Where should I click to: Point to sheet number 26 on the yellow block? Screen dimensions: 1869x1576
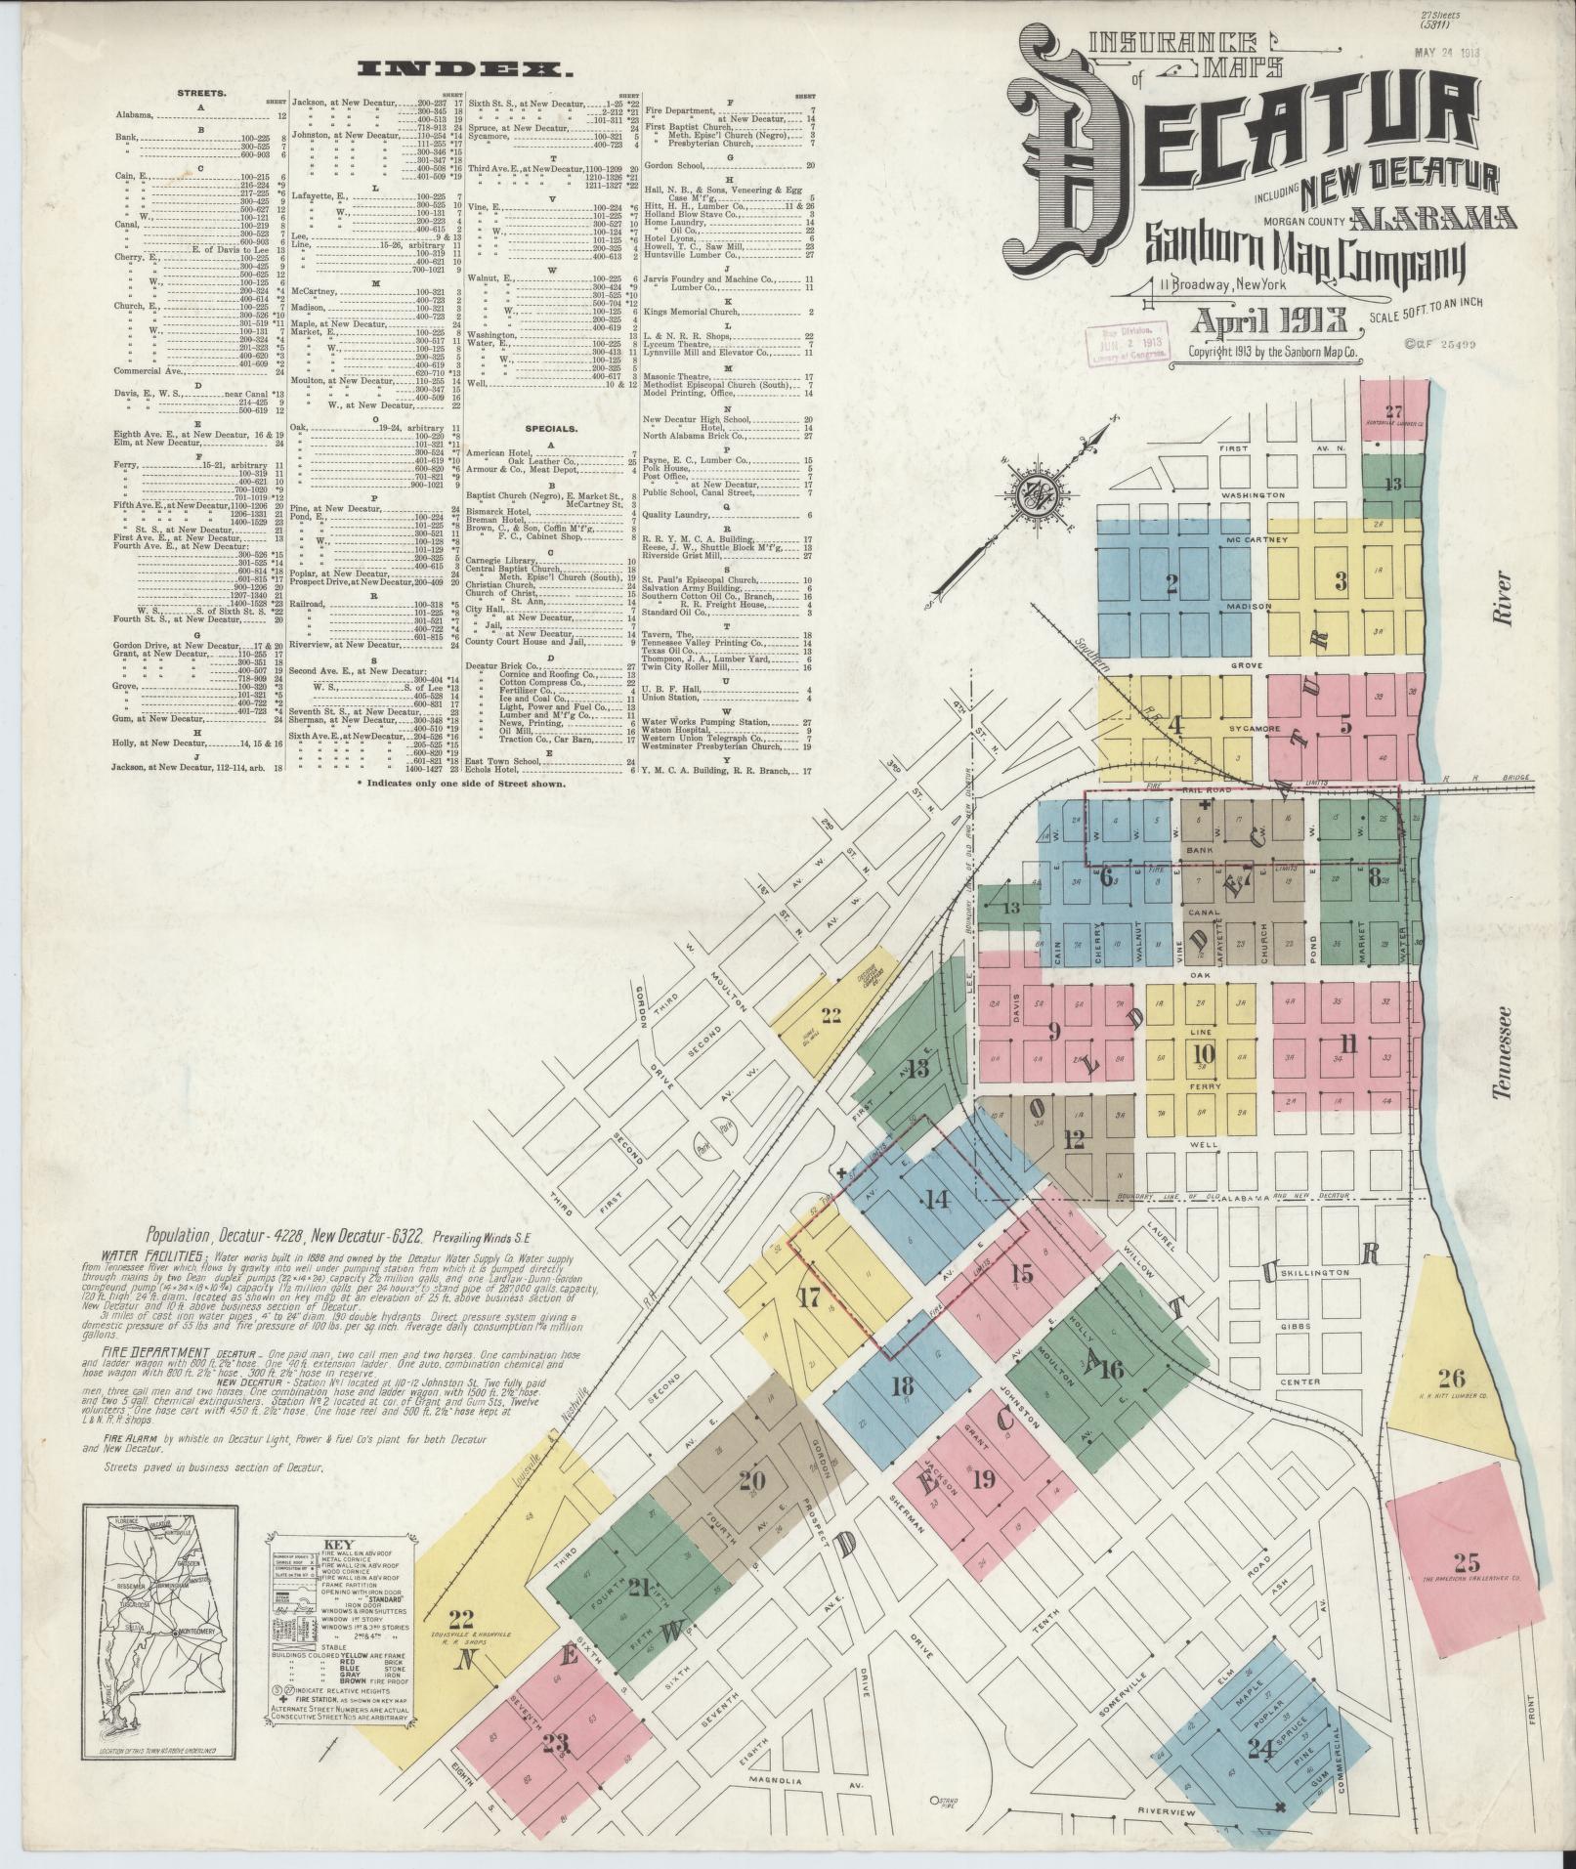coord(1452,1379)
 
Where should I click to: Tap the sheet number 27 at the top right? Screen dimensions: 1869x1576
coord(1392,411)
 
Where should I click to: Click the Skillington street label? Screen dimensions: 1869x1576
coord(1316,1272)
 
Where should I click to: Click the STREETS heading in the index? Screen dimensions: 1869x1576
coord(201,94)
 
